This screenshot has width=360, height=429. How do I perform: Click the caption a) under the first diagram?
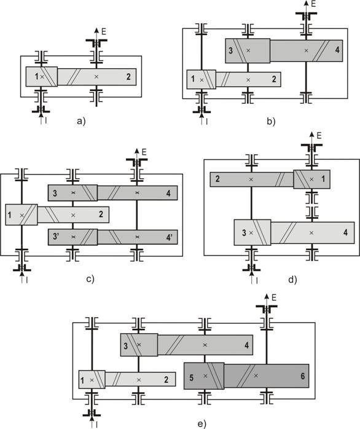point(81,120)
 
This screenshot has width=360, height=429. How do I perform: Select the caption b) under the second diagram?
point(271,121)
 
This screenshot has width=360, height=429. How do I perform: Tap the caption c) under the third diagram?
point(90,280)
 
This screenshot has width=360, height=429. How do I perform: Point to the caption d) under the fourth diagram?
point(292,280)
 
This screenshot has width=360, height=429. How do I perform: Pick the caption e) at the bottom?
point(202,424)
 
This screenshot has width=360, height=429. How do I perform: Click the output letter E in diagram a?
point(104,31)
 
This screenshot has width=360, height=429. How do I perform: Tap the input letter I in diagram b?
point(207,121)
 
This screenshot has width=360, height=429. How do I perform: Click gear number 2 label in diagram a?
point(128,77)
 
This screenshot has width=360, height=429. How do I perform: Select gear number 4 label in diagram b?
point(337,50)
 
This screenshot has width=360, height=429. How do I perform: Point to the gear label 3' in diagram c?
point(57,236)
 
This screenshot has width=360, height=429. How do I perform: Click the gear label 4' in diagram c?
point(170,237)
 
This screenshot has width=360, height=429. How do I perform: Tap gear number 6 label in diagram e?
point(302,376)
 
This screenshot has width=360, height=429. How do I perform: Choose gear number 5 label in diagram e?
point(192,378)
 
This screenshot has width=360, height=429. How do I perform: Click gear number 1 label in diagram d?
point(323,179)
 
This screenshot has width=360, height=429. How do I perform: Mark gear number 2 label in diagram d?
point(217,179)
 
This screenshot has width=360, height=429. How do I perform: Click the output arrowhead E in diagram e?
point(266,296)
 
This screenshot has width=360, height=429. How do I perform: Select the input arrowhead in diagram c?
point(22,273)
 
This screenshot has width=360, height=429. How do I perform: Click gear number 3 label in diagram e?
point(125,346)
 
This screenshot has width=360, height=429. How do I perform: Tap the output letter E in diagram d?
point(319,135)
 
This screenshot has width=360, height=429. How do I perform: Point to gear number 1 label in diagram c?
point(10,215)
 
